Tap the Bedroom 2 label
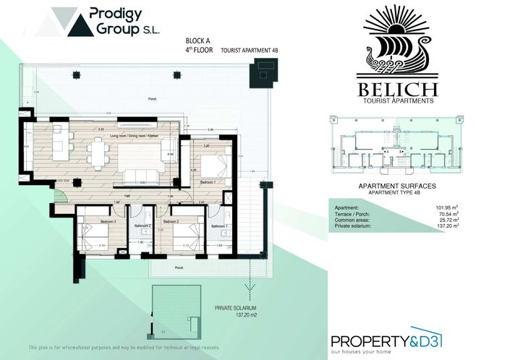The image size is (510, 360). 171,221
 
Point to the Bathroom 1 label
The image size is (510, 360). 219,226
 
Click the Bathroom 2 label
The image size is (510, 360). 143,226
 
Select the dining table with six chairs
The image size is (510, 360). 98,152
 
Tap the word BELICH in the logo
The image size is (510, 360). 396,90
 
